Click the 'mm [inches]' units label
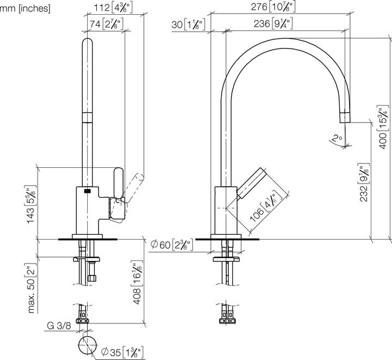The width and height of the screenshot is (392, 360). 25,8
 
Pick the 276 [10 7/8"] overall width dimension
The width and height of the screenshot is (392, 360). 274,7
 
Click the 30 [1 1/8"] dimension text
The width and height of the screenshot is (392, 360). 187,23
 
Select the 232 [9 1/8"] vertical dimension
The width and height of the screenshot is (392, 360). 365,183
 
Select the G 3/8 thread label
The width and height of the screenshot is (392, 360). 58,326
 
